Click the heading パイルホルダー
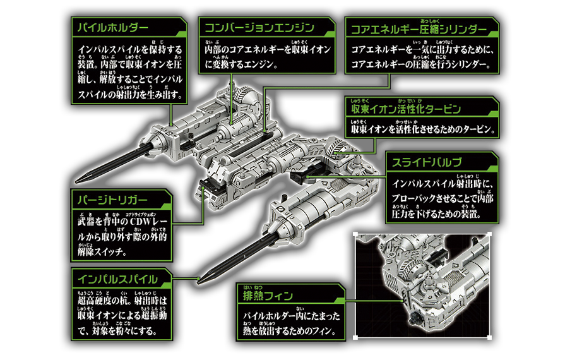(x=113, y=28)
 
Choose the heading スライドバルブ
(x=427, y=163)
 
